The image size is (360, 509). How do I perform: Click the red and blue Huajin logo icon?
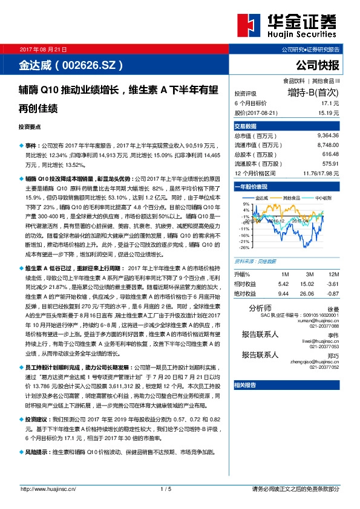(x=248, y=26)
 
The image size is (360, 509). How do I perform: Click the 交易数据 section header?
(x=246, y=126)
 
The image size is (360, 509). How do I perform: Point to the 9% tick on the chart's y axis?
(x=245, y=203)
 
